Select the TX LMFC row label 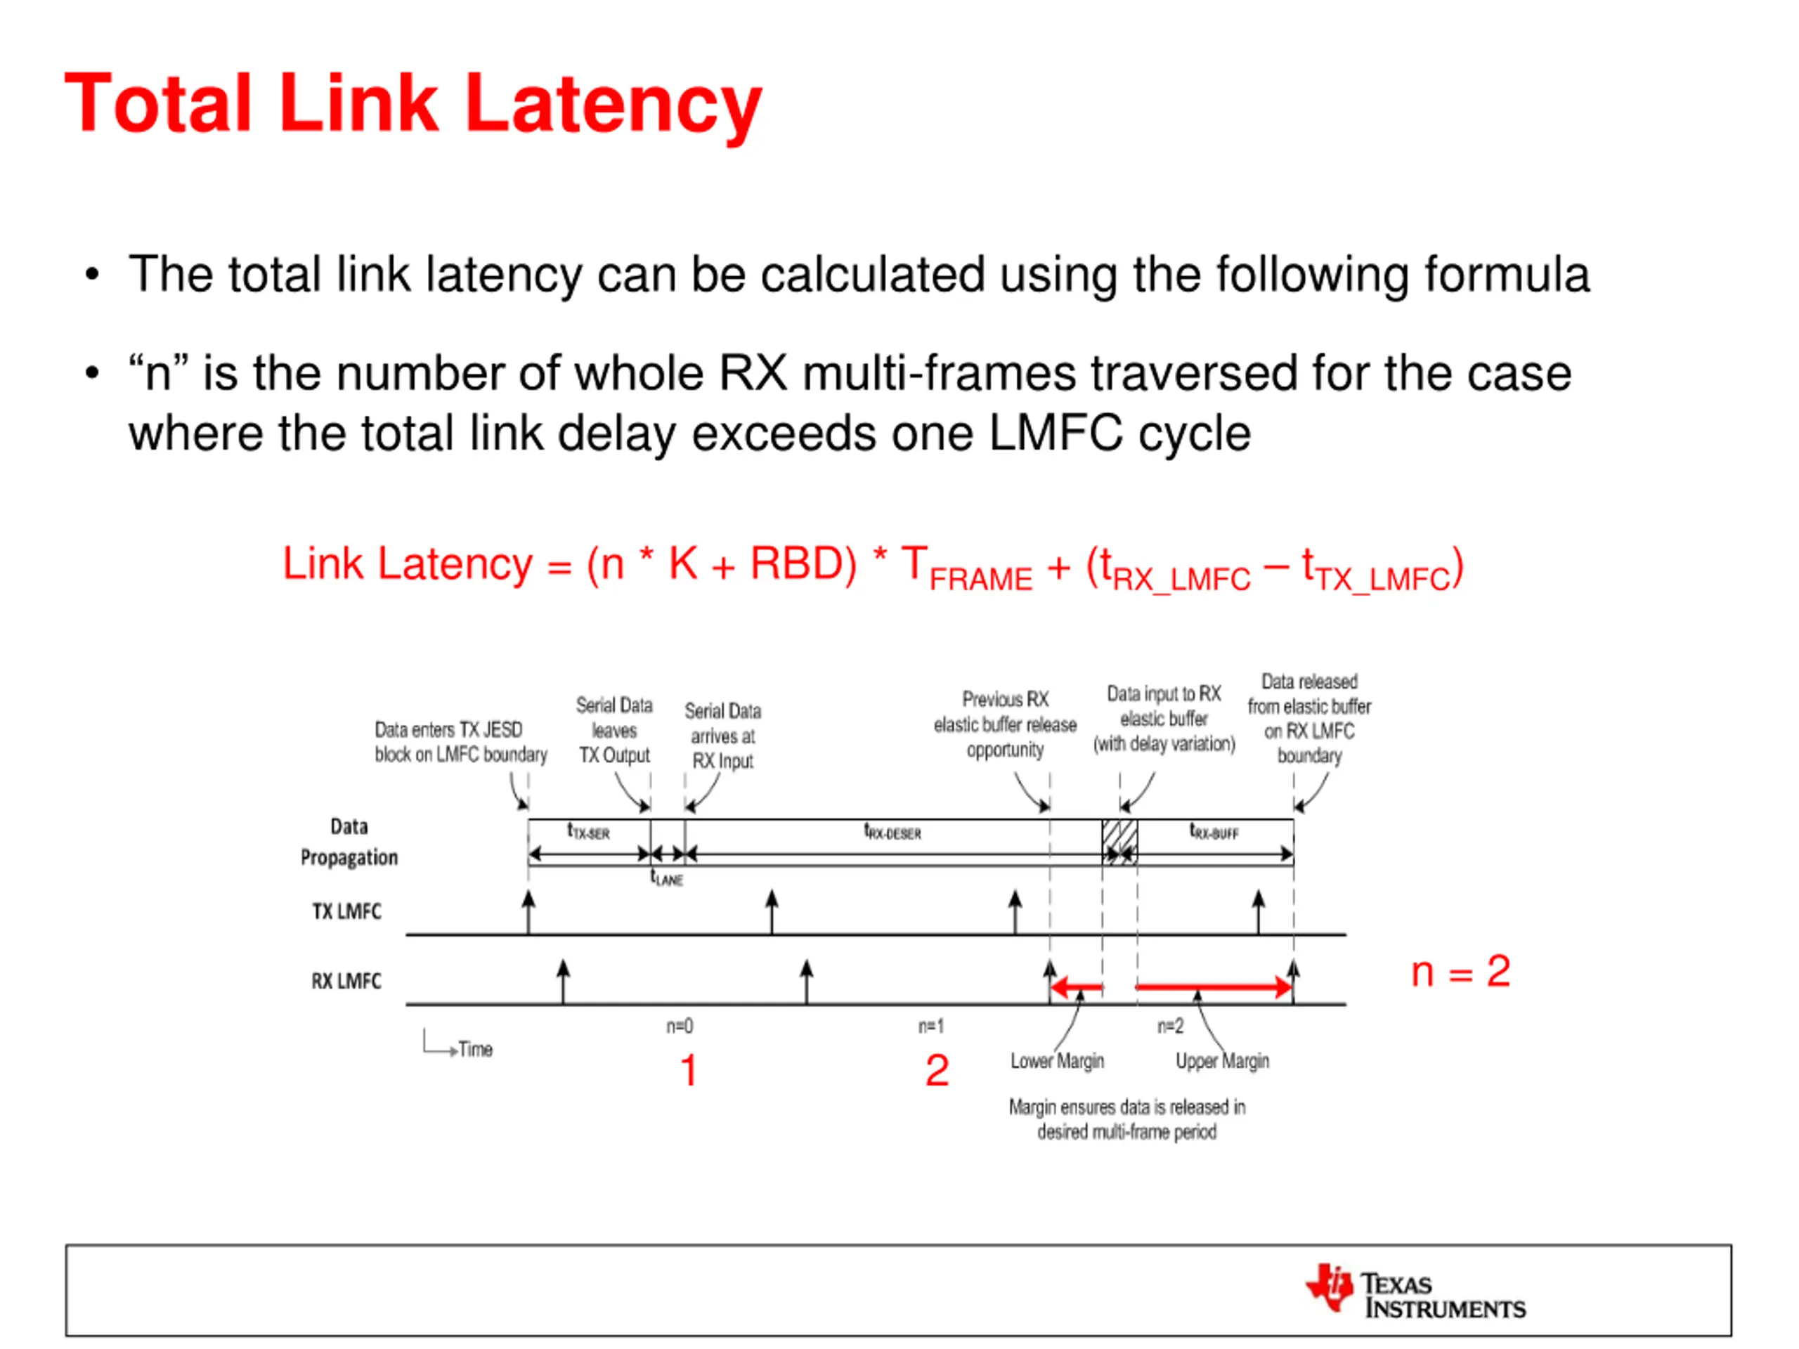coord(346,911)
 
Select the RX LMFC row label coord(346,982)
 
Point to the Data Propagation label coord(349,842)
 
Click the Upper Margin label coord(1221,1061)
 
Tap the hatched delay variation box coord(1120,841)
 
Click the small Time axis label coord(475,1050)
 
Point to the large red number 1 coord(689,1070)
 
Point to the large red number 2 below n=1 coord(937,1070)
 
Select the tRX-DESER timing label coord(892,833)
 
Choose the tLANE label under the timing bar coord(667,879)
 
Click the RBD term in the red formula coord(802,564)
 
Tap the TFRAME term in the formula coord(966,569)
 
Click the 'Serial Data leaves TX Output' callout coord(614,730)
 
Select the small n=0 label coord(679,1027)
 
